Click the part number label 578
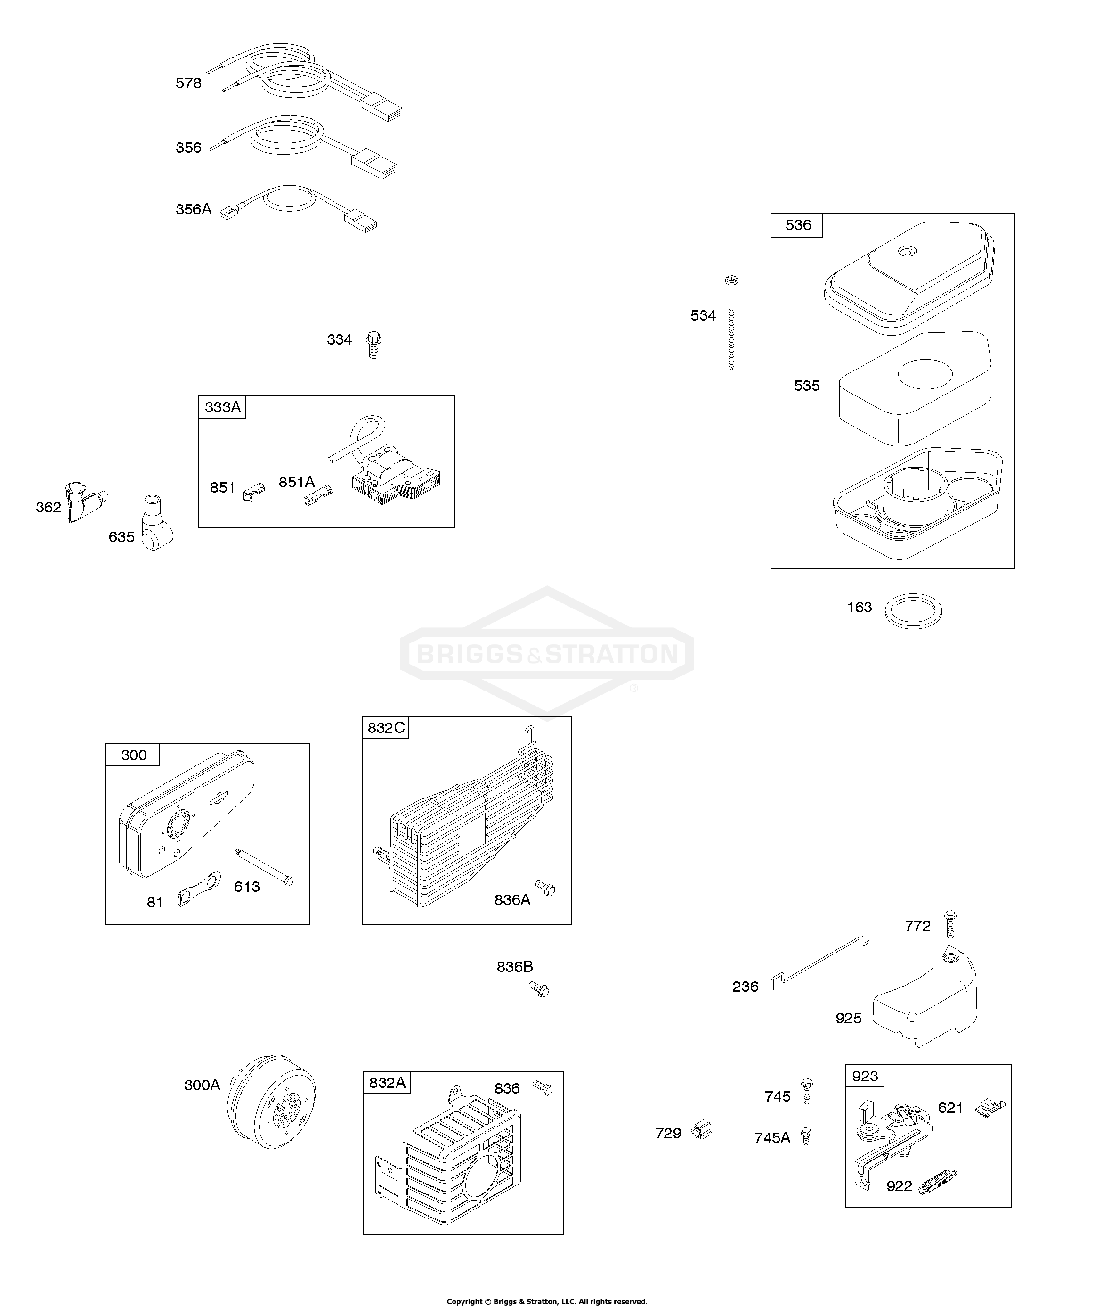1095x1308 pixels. click(x=188, y=83)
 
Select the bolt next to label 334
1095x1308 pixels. click(x=373, y=345)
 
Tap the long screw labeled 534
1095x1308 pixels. click(x=731, y=322)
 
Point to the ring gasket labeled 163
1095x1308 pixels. click(x=913, y=611)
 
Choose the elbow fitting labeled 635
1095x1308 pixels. click(x=155, y=523)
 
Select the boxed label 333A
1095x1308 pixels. click(x=222, y=407)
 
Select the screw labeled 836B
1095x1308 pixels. click(x=539, y=989)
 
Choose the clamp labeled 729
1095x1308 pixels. click(x=702, y=1130)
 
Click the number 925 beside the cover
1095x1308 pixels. click(x=849, y=1018)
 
